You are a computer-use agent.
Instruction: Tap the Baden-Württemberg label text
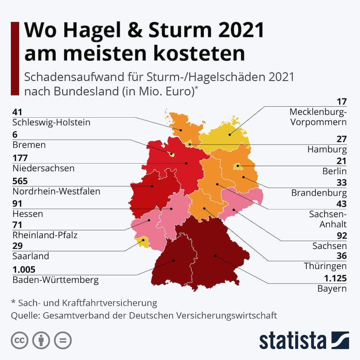coord(55,280)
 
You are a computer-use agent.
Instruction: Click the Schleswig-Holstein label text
coord(51,122)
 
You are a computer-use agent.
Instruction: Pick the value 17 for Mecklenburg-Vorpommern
coord(341,101)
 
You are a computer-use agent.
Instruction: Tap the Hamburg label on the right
coord(327,150)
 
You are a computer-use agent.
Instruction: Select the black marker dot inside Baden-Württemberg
coord(174,260)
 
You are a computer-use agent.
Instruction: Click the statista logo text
coord(292,340)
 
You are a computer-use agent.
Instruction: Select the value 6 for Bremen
coord(15,135)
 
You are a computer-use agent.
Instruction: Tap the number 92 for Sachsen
coord(341,235)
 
